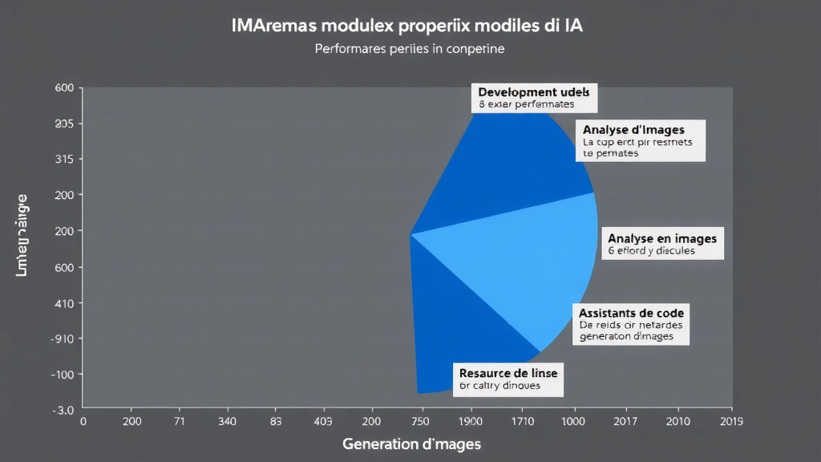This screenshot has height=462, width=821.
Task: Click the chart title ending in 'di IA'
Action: point(406,25)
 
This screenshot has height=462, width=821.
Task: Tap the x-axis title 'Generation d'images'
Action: point(412,443)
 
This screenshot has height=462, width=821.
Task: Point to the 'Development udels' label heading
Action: point(534,91)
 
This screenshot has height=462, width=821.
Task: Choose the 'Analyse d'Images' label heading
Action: point(633,129)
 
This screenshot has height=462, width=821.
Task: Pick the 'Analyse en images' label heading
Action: point(662,238)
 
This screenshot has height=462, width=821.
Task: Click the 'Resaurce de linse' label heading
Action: point(508,373)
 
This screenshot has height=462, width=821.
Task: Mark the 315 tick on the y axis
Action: point(64,159)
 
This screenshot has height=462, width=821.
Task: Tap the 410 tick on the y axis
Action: point(64,304)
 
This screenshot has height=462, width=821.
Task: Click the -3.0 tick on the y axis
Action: point(63,410)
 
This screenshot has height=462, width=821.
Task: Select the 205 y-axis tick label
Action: point(64,124)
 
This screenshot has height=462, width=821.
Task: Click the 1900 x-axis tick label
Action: point(471,421)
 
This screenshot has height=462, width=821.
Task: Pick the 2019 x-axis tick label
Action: point(731,421)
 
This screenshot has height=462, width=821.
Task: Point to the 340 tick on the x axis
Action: point(228,421)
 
